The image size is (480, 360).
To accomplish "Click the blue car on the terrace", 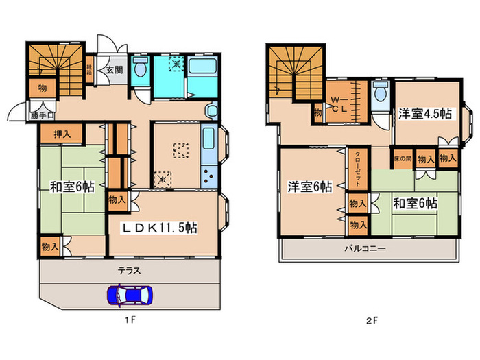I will pyautogui.click(x=130, y=295).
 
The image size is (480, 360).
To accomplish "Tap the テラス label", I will pyautogui.click(x=130, y=270).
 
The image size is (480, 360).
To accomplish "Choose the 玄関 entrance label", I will pyautogui.click(x=114, y=69).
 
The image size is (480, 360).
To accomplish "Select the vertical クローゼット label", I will pyautogui.click(x=357, y=169).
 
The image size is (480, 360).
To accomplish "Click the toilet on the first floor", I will pyautogui.click(x=140, y=69).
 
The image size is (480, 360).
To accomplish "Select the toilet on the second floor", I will pyautogui.click(x=379, y=95).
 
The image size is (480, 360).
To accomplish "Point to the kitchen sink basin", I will pyautogui.click(x=209, y=141).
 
